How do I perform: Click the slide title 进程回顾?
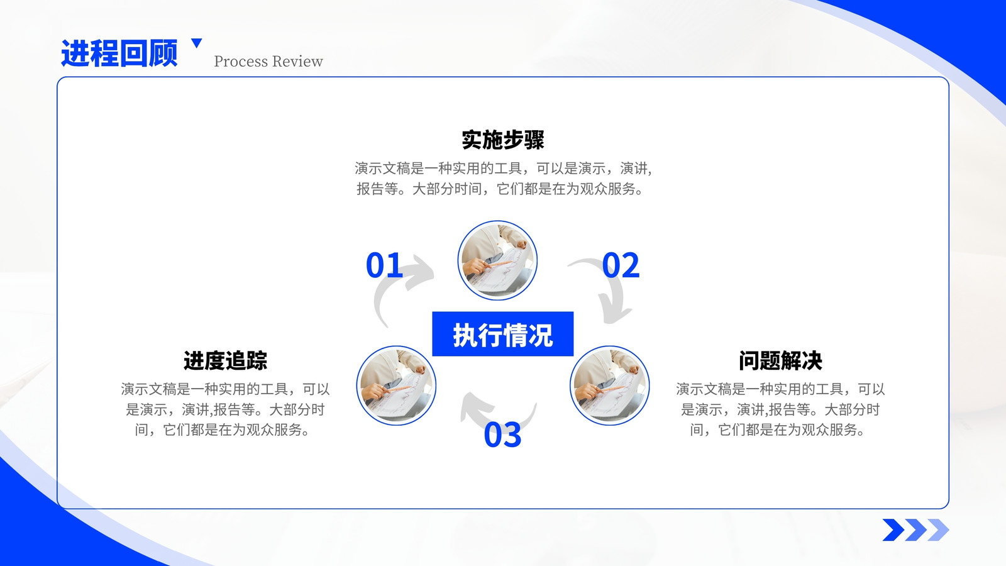pos(119,53)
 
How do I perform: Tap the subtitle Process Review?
pos(268,61)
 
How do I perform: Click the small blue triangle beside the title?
pos(197,43)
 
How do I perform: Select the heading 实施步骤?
pos(502,140)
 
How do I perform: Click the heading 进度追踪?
pos(225,361)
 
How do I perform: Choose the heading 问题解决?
pos(780,361)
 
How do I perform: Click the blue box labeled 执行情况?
pos(502,334)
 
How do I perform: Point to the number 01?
pos(384,265)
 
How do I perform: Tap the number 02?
pos(621,265)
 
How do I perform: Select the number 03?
pos(502,435)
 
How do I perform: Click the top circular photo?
pos(497,260)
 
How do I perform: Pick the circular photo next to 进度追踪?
pos(396,386)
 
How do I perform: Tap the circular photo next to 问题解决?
pos(609,386)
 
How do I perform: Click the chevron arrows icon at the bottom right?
pos(915,530)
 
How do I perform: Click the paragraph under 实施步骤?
pos(503,179)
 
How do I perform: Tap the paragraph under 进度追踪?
pos(225,409)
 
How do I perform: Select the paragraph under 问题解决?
pos(780,409)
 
